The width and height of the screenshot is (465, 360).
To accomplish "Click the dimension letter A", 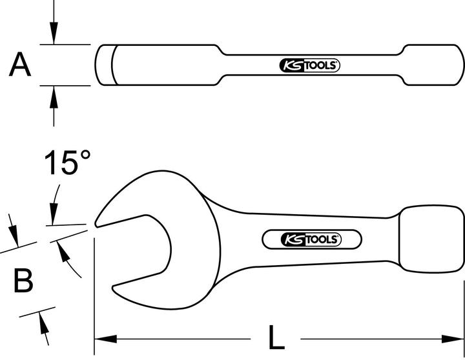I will point(21,65).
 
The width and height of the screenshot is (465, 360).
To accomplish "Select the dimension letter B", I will point(23,281).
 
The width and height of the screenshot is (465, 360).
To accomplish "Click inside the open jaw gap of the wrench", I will point(139,252).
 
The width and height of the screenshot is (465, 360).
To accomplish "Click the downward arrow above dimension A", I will point(54,35).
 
